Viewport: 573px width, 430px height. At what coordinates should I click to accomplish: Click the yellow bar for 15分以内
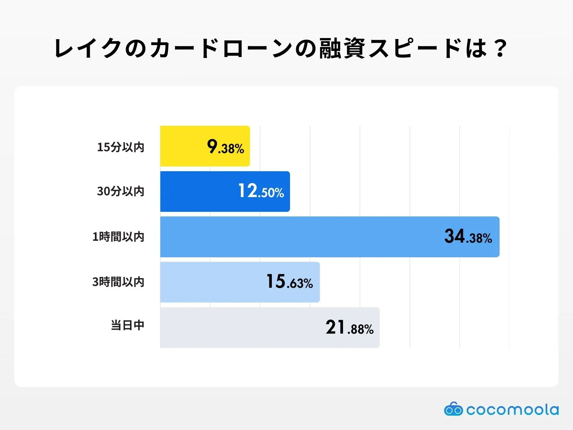point(183,146)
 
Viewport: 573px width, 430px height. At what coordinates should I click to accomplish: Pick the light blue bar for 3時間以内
point(211,282)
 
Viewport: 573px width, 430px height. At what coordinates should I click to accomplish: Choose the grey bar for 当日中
point(240,328)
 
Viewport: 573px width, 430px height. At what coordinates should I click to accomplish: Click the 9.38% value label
point(226,147)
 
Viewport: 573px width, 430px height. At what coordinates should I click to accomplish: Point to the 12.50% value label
point(261,191)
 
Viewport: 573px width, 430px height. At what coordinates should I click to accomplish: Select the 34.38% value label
point(468,237)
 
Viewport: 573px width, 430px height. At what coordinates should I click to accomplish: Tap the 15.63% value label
point(289,282)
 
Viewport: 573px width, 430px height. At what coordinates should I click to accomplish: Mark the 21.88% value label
point(350,328)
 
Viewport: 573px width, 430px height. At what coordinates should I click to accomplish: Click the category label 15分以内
point(121,147)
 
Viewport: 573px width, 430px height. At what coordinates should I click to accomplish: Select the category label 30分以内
point(121,191)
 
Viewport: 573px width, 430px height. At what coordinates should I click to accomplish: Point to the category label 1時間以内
point(118,237)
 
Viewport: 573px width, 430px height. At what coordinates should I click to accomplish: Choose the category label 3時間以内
point(118,282)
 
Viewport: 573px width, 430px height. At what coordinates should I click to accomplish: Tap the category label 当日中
point(127,325)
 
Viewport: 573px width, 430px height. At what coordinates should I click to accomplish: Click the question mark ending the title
point(499,48)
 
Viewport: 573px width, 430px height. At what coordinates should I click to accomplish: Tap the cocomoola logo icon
point(453,409)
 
